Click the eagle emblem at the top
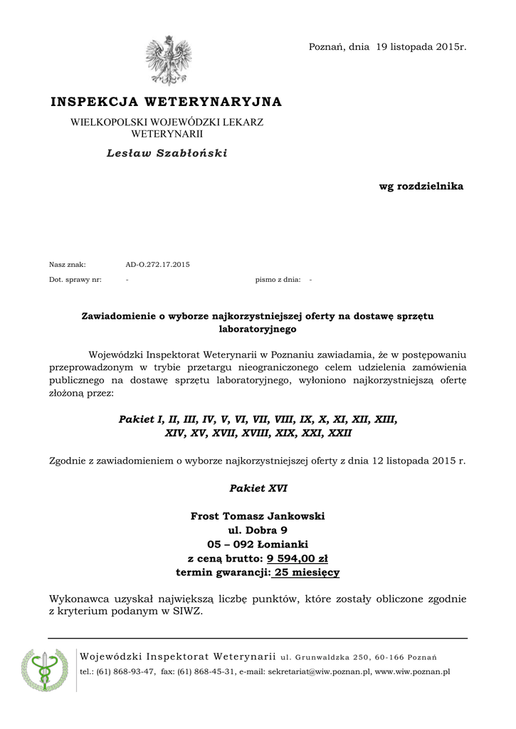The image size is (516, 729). click(x=169, y=62)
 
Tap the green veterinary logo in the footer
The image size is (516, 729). click(x=45, y=670)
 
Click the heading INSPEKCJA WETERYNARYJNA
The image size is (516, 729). click(x=167, y=103)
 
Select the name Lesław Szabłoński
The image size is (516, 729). click(x=167, y=153)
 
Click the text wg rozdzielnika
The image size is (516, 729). click(x=421, y=187)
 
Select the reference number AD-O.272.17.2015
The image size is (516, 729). click(x=157, y=265)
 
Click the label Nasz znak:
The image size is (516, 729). click(x=68, y=265)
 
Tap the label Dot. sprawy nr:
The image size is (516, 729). click(x=75, y=280)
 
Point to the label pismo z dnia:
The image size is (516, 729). click(x=278, y=280)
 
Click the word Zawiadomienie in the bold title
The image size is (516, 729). click(x=119, y=315)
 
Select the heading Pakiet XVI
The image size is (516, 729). click(x=258, y=488)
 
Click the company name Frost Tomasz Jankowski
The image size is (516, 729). click(x=258, y=516)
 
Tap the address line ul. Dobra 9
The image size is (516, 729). click(x=258, y=530)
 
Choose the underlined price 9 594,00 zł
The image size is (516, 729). click(x=297, y=558)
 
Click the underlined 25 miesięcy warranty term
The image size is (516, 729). click(x=307, y=572)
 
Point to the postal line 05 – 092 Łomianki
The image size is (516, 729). click(x=258, y=545)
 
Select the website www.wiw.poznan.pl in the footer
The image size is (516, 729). click(x=412, y=672)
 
